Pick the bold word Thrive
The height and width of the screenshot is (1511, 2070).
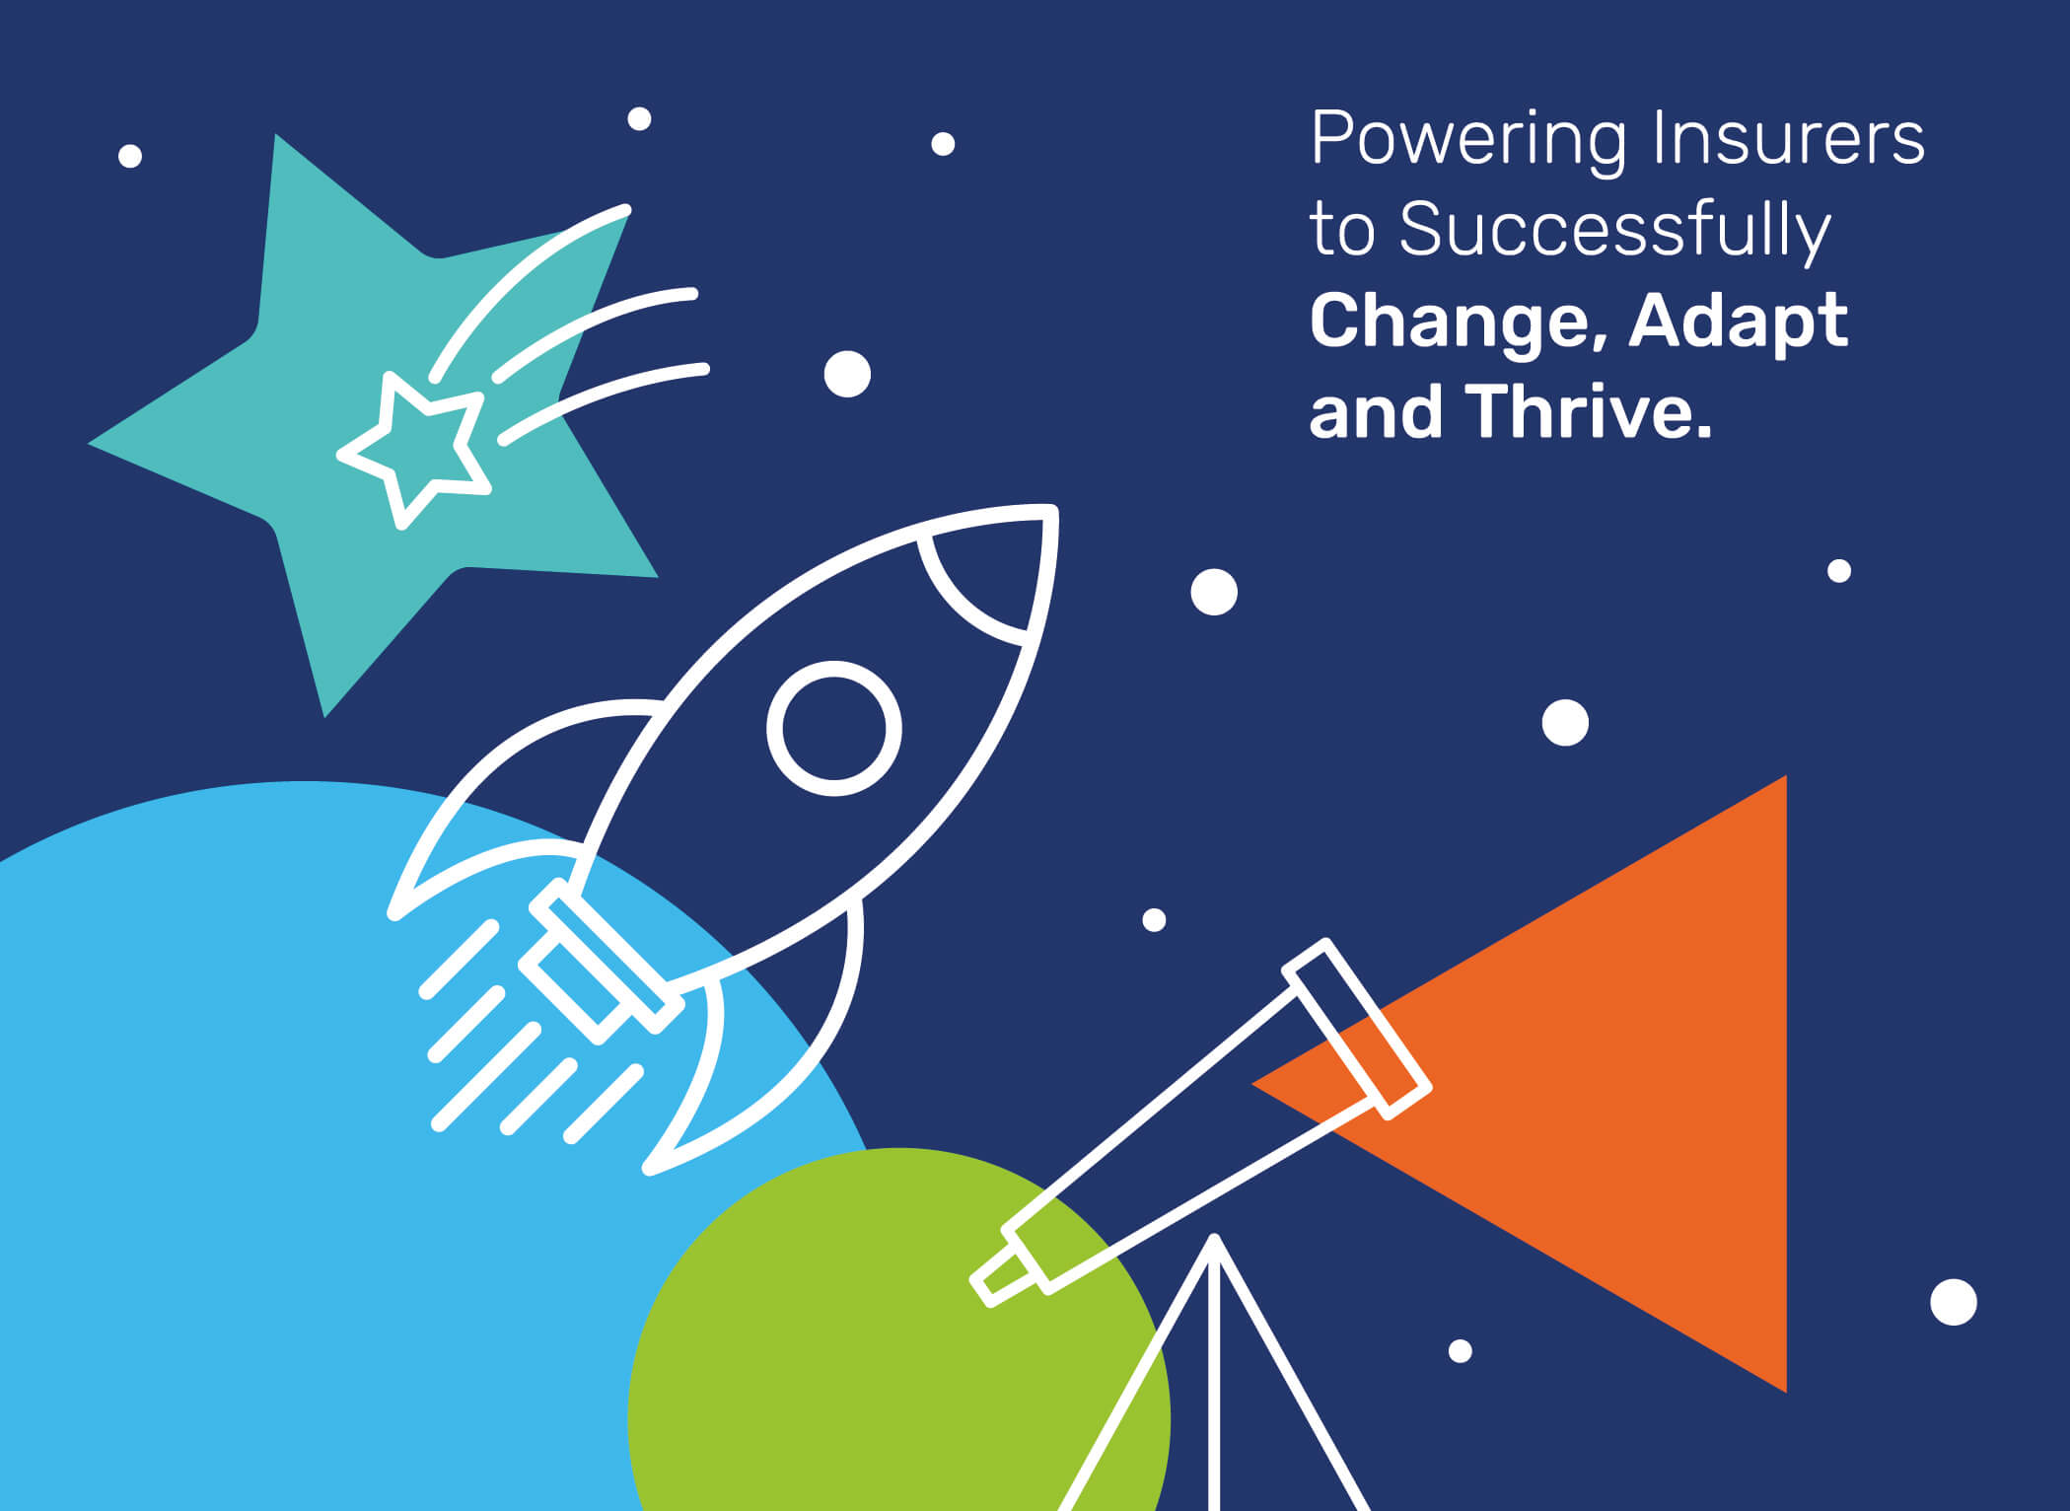pos(1589,409)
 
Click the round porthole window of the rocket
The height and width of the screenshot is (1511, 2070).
pos(834,728)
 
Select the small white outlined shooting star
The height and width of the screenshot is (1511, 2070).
pos(415,449)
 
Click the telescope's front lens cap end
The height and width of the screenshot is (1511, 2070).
pos(1357,1029)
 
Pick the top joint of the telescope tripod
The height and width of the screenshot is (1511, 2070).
pos(1215,1241)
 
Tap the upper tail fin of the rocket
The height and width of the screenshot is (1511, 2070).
pos(513,789)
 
